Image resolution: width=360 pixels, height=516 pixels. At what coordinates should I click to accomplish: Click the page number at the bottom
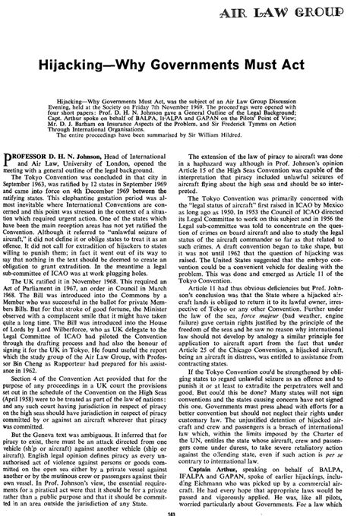point(180,512)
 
